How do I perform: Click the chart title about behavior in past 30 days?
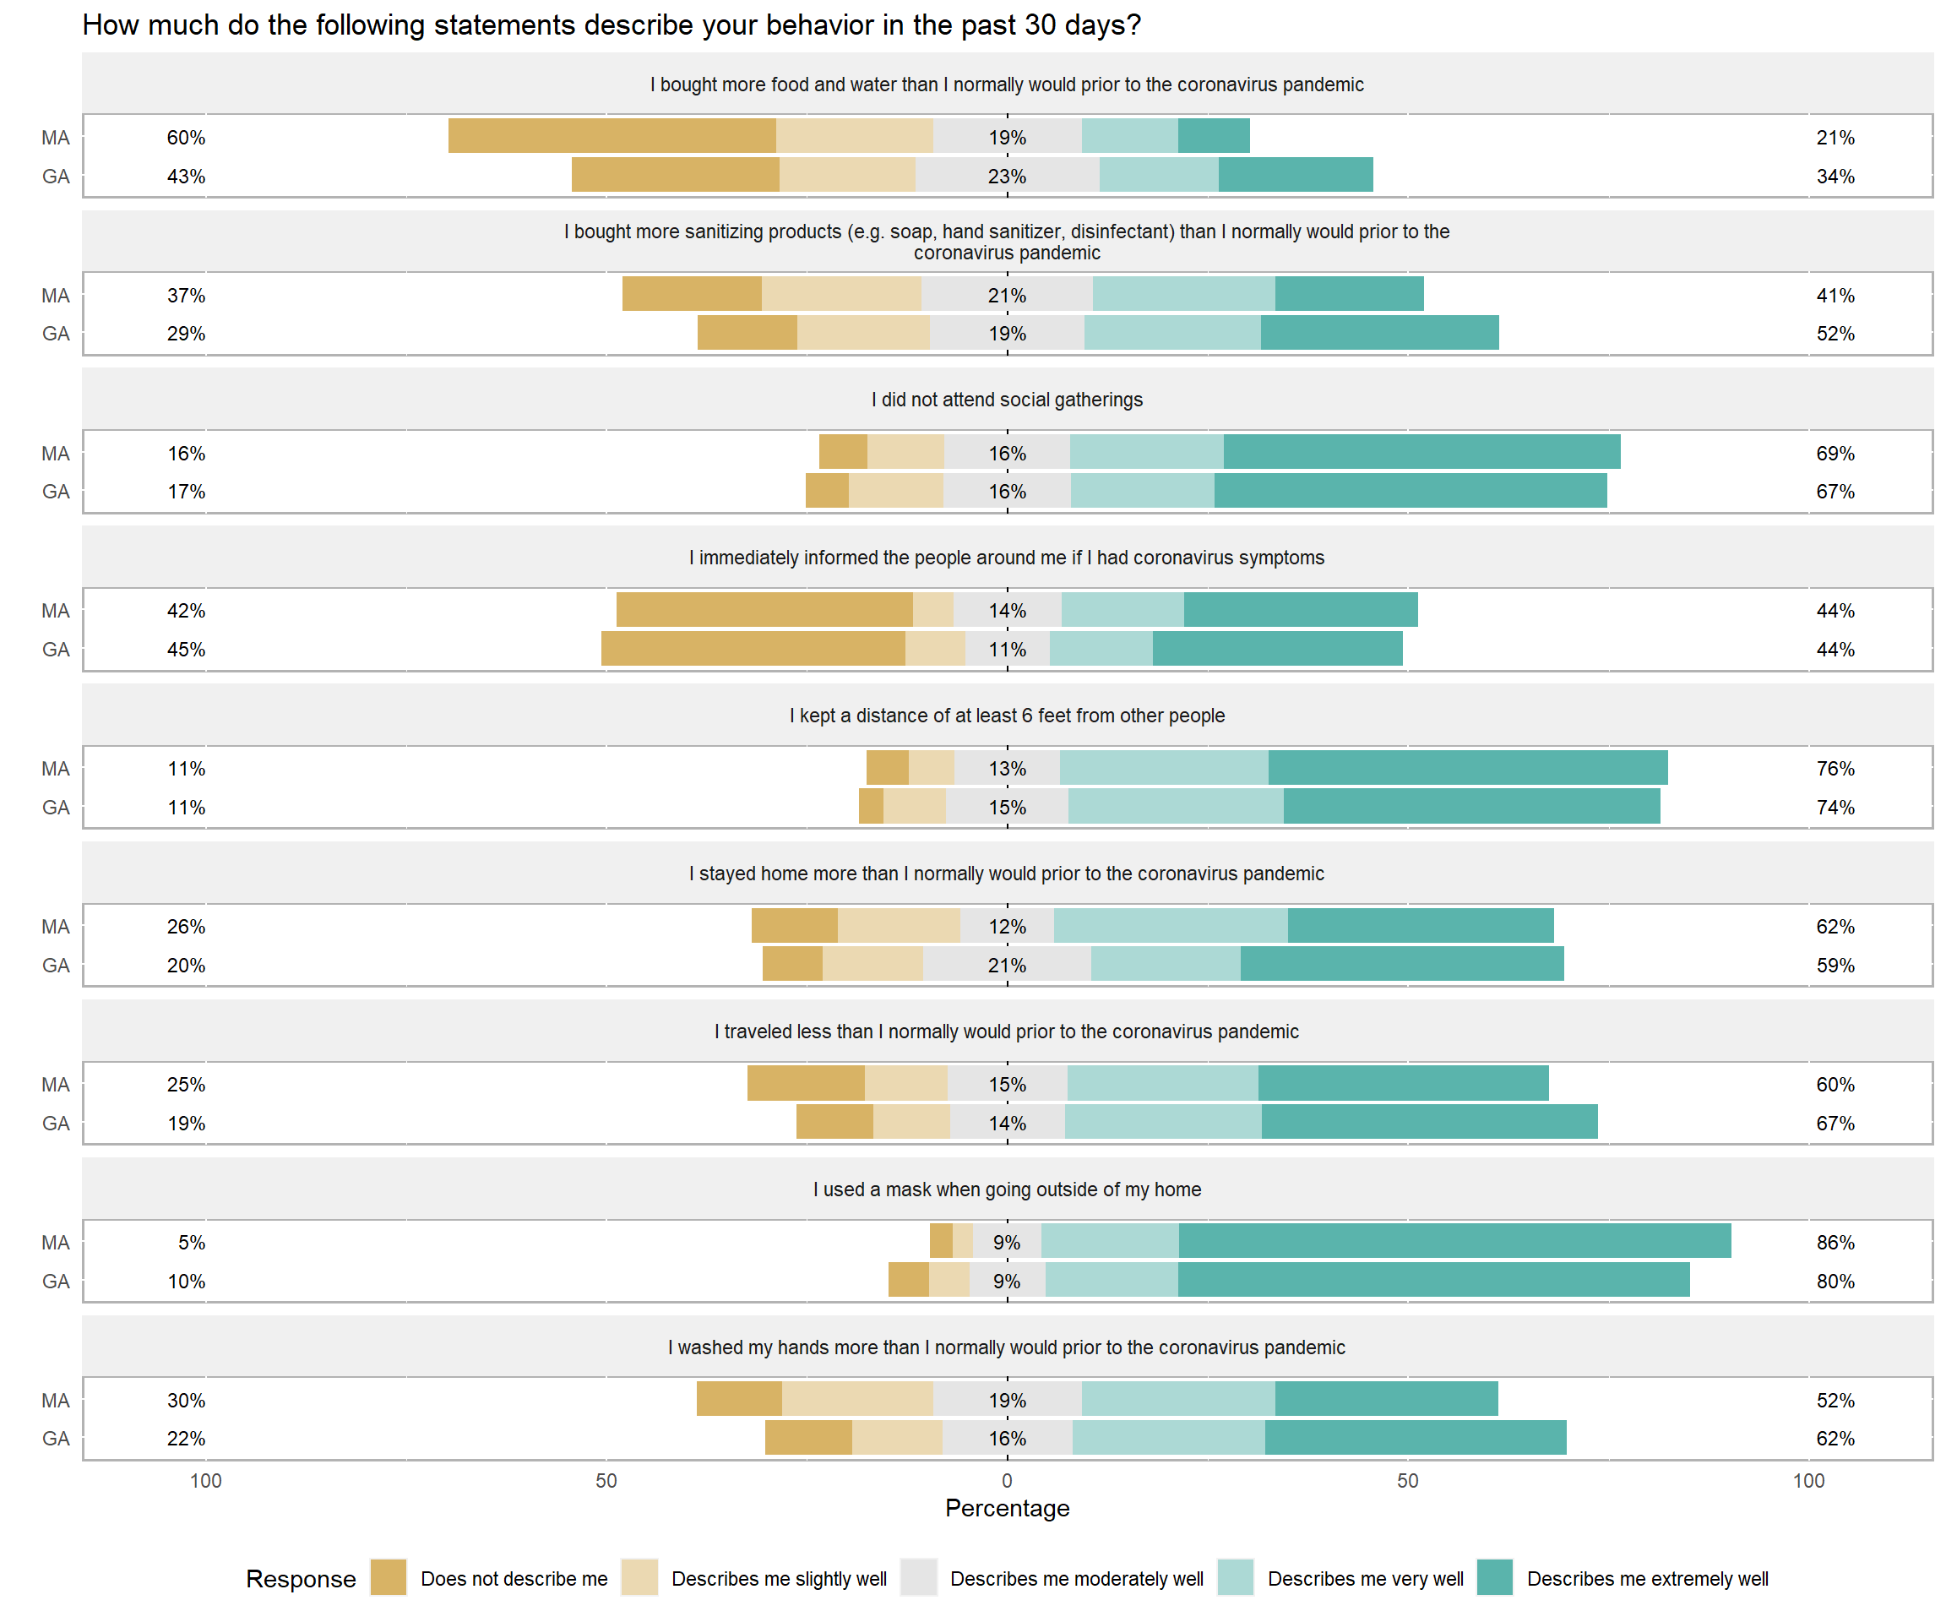[x=612, y=25]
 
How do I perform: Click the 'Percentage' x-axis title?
[x=1008, y=1508]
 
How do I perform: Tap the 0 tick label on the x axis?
[x=1008, y=1480]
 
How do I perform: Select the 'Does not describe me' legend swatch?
[x=389, y=1577]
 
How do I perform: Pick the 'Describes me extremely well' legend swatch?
[x=1494, y=1577]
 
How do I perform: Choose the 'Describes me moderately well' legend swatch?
[x=918, y=1577]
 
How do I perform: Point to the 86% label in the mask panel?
[x=1835, y=1243]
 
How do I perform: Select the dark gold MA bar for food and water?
[x=612, y=136]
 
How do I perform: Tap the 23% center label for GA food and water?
[x=1008, y=176]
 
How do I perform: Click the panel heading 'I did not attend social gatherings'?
[x=1008, y=400]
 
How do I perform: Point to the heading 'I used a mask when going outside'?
[x=1008, y=1189]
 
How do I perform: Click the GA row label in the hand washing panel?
[x=56, y=1439]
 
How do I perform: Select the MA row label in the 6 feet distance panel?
[x=56, y=769]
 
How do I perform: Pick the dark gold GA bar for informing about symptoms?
[x=753, y=649]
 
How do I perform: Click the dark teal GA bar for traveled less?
[x=1429, y=1123]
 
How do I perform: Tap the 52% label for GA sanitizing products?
[x=1835, y=334]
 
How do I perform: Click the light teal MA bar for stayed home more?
[x=1171, y=926]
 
